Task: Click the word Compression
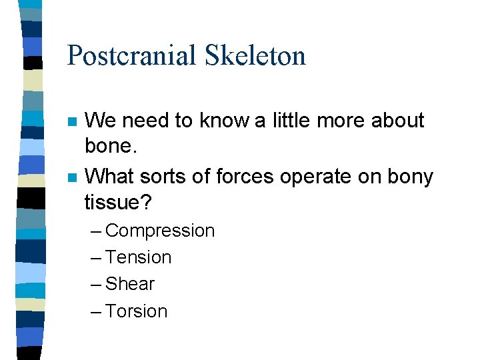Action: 160,231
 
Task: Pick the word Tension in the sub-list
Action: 138,257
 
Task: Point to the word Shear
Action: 130,284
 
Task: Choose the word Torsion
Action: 136,311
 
